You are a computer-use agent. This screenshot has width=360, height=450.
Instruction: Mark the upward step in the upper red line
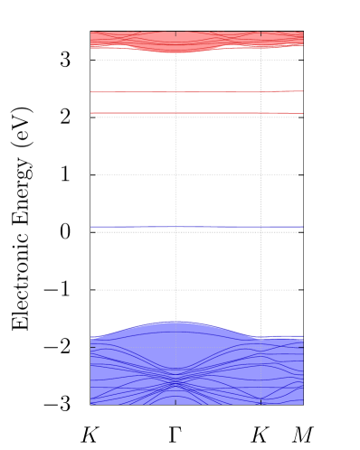point(277,91)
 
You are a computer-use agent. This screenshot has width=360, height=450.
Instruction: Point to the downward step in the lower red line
point(289,114)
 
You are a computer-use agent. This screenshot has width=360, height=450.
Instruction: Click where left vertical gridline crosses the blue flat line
point(175,227)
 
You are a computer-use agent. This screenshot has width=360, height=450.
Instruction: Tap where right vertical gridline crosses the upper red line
point(261,92)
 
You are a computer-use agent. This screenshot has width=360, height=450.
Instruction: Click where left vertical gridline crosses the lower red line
point(175,113)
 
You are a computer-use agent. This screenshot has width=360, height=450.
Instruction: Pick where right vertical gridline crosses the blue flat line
point(261,227)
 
